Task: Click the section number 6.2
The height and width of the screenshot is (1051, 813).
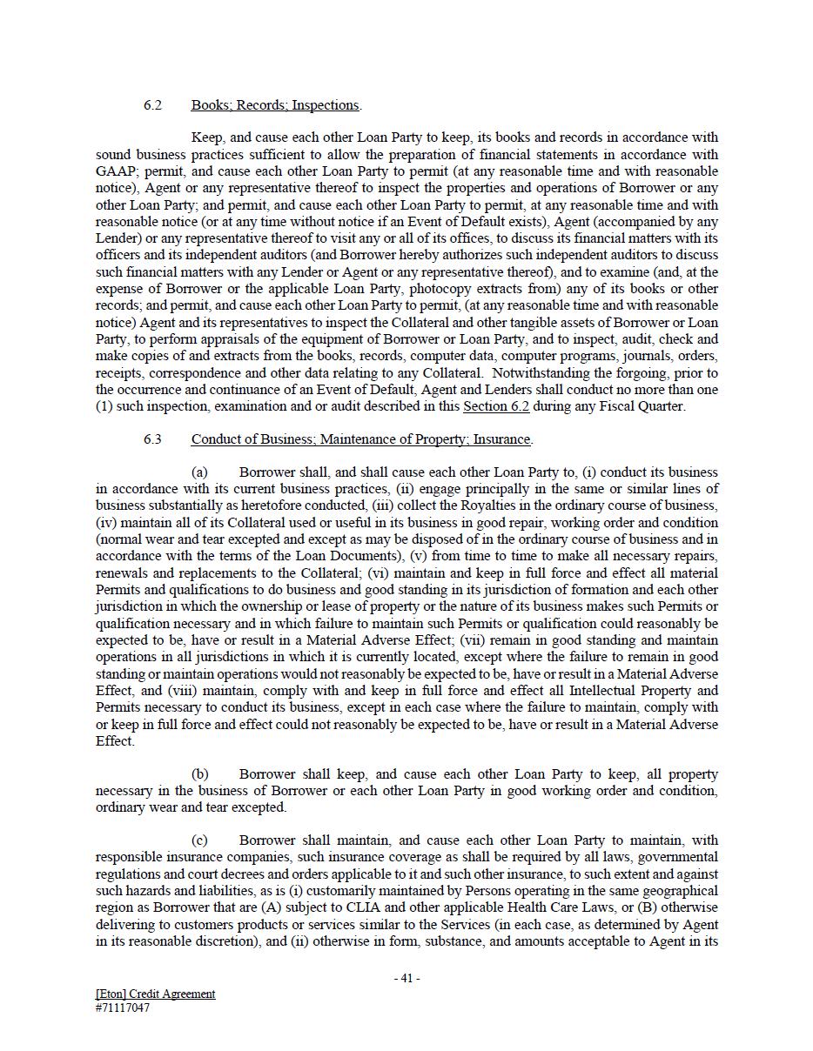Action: tap(152, 105)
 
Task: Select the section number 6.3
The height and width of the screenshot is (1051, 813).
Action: tap(152, 439)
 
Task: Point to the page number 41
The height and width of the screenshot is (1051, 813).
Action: tap(406, 978)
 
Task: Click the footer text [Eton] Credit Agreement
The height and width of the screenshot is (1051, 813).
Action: tap(155, 994)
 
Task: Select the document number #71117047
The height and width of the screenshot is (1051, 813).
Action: tap(123, 1008)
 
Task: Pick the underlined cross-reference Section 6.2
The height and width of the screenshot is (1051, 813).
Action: tap(496, 406)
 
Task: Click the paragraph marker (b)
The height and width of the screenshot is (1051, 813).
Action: tap(199, 774)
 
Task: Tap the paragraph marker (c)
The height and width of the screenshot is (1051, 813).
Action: tap(199, 840)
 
